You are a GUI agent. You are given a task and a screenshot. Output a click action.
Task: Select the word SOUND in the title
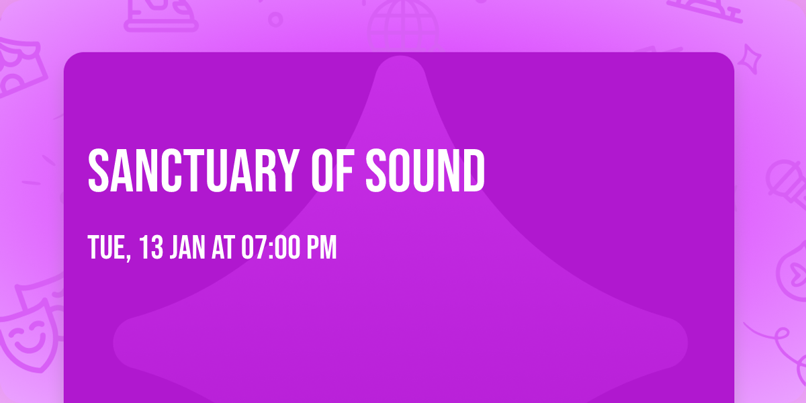coord(425,171)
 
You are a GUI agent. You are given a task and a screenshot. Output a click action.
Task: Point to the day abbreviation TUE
coord(106,247)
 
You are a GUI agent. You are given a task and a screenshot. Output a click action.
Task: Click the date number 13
coord(151,247)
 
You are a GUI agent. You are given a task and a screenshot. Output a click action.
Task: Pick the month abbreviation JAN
coord(187,247)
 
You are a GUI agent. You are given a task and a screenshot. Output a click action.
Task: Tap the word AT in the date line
coord(224,247)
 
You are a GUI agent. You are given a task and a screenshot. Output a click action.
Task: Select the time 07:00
coord(270,247)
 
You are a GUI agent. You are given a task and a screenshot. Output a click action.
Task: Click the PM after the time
coord(321,247)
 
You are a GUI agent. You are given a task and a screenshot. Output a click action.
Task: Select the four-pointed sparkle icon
coord(750,59)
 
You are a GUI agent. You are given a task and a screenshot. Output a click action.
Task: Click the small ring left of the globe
coord(275,19)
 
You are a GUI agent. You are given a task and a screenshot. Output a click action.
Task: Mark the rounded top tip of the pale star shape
coord(400,56)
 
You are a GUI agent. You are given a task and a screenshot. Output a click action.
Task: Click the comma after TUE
coord(128,257)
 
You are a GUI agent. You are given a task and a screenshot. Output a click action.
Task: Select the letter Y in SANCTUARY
coord(287,171)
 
